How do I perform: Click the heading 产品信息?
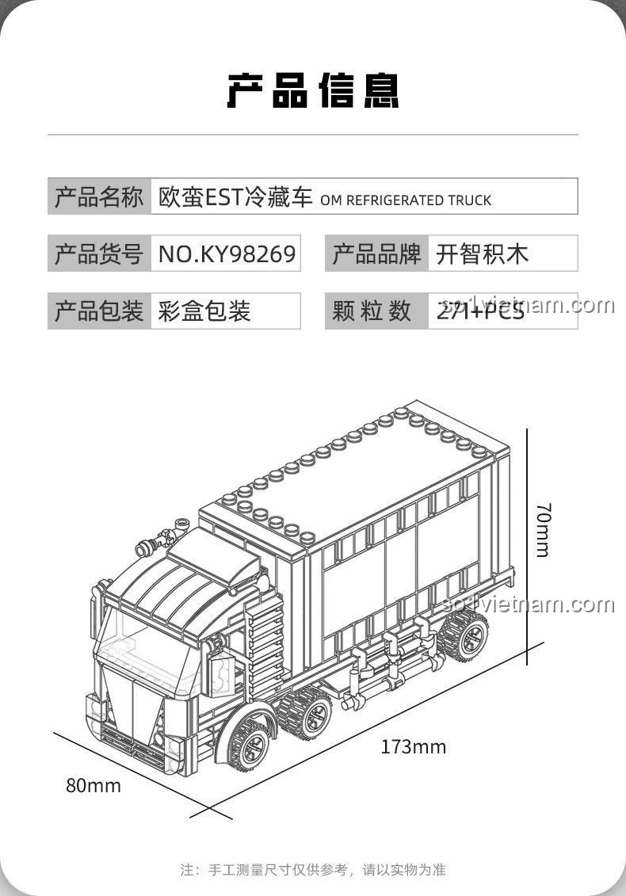coord(313,91)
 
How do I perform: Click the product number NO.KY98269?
coord(227,254)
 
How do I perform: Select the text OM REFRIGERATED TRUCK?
coord(406,200)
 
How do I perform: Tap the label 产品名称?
coord(99,196)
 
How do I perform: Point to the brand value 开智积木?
coord(482,254)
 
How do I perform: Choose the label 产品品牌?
coord(376,254)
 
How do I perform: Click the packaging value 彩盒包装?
coord(204,311)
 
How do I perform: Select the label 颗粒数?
coord(372,311)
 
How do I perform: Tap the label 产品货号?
coord(99,254)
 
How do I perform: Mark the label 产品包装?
coord(99,311)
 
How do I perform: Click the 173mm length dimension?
coord(413,747)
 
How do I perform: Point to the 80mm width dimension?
coord(94,786)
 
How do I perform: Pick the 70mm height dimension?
coord(542,529)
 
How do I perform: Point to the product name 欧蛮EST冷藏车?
coord(236,197)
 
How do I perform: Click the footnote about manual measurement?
coord(313,870)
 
